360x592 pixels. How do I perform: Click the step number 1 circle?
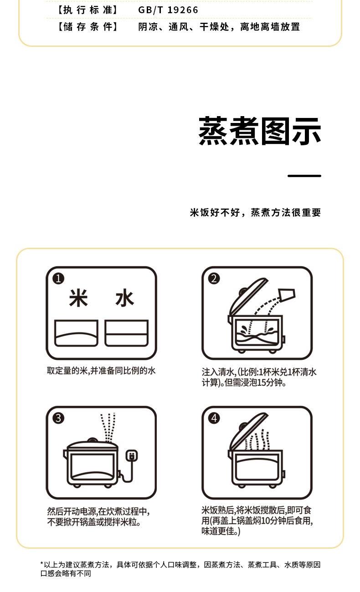(58, 279)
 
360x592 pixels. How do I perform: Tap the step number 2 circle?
(214, 279)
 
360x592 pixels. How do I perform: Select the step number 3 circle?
(58, 418)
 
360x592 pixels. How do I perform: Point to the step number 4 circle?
(214, 418)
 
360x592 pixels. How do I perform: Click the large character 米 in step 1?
(78, 298)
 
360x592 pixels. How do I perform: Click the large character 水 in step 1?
(124, 298)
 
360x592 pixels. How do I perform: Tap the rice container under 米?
(76, 333)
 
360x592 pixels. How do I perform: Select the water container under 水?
(126, 333)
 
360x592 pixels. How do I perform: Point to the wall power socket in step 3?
(131, 456)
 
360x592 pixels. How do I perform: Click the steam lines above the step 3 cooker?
(108, 427)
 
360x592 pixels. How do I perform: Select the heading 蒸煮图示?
(260, 131)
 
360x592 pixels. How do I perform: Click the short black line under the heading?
(304, 176)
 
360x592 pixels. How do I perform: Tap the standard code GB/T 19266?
(168, 10)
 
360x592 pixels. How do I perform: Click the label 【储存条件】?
(87, 27)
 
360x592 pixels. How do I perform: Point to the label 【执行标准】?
(87, 10)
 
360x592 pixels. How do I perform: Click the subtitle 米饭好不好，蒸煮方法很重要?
(255, 213)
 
